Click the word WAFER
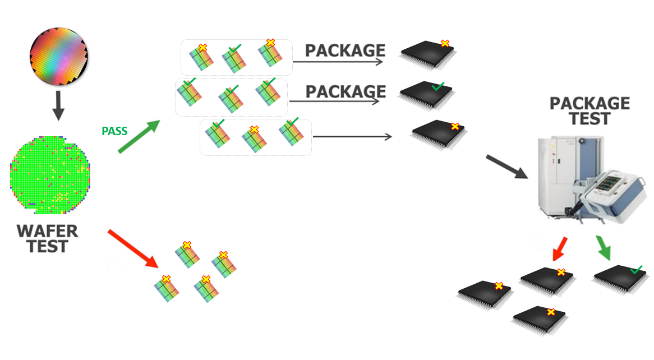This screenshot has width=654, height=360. pyautogui.click(x=47, y=231)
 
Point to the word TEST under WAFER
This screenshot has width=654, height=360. pyautogui.click(x=48, y=246)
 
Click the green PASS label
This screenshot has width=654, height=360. pyautogui.click(x=114, y=132)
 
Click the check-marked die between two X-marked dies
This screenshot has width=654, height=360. pyautogui.click(x=233, y=58)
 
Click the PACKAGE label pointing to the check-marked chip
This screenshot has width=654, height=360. pyautogui.click(x=346, y=91)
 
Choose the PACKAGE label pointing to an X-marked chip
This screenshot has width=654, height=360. pyautogui.click(x=345, y=50)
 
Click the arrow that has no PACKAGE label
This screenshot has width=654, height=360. pyautogui.click(x=352, y=137)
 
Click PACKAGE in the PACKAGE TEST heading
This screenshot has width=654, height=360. pyautogui.click(x=589, y=104)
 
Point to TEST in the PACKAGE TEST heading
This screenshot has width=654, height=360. pyautogui.click(x=589, y=119)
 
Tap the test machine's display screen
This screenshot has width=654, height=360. pyautogui.click(x=610, y=186)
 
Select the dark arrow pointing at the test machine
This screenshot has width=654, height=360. pyautogui.click(x=507, y=167)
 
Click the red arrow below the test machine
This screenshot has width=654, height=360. pyautogui.click(x=560, y=248)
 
